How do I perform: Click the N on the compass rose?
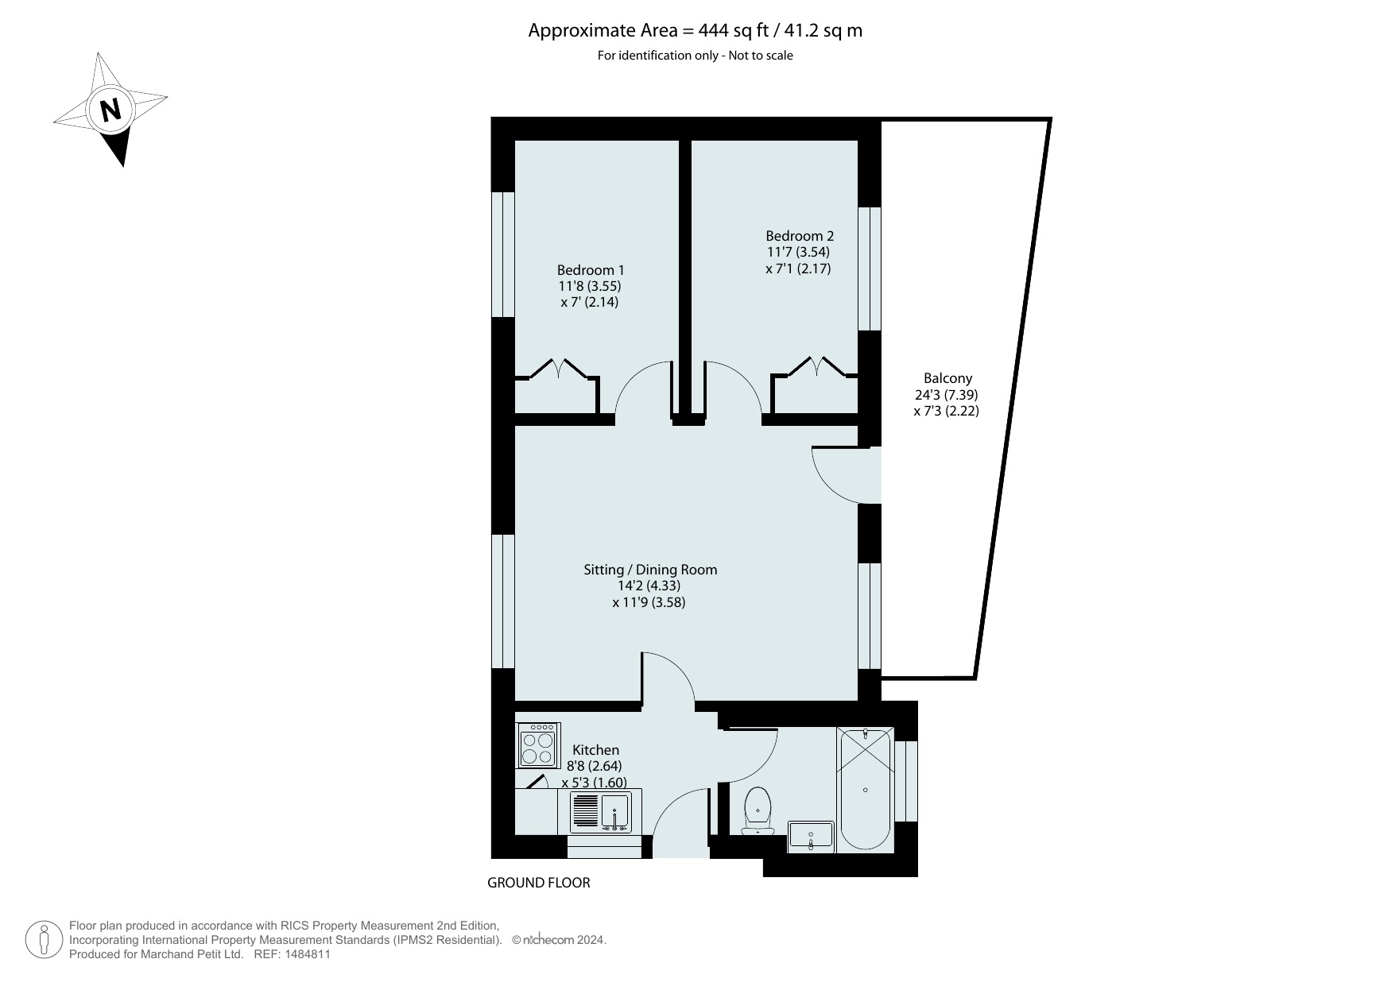pyautogui.click(x=110, y=110)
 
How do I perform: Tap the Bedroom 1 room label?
pyautogui.click(x=590, y=270)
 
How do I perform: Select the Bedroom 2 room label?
pyautogui.click(x=800, y=236)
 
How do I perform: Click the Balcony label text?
pyautogui.click(x=947, y=379)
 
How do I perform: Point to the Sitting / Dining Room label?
pyautogui.click(x=650, y=570)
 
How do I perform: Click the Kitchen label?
pyautogui.click(x=595, y=750)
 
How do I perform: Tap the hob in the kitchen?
pyautogui.click(x=538, y=745)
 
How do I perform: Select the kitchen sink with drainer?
pyautogui.click(x=601, y=811)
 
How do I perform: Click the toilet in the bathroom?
pyautogui.click(x=758, y=810)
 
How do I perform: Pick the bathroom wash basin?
pyautogui.click(x=811, y=837)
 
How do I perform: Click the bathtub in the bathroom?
pyautogui.click(x=865, y=788)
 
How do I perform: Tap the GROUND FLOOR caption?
pyautogui.click(x=538, y=883)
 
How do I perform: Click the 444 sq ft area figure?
pyautogui.click(x=730, y=31)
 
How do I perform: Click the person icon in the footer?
pyautogui.click(x=45, y=940)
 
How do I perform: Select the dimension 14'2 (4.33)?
pyautogui.click(x=649, y=586)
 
